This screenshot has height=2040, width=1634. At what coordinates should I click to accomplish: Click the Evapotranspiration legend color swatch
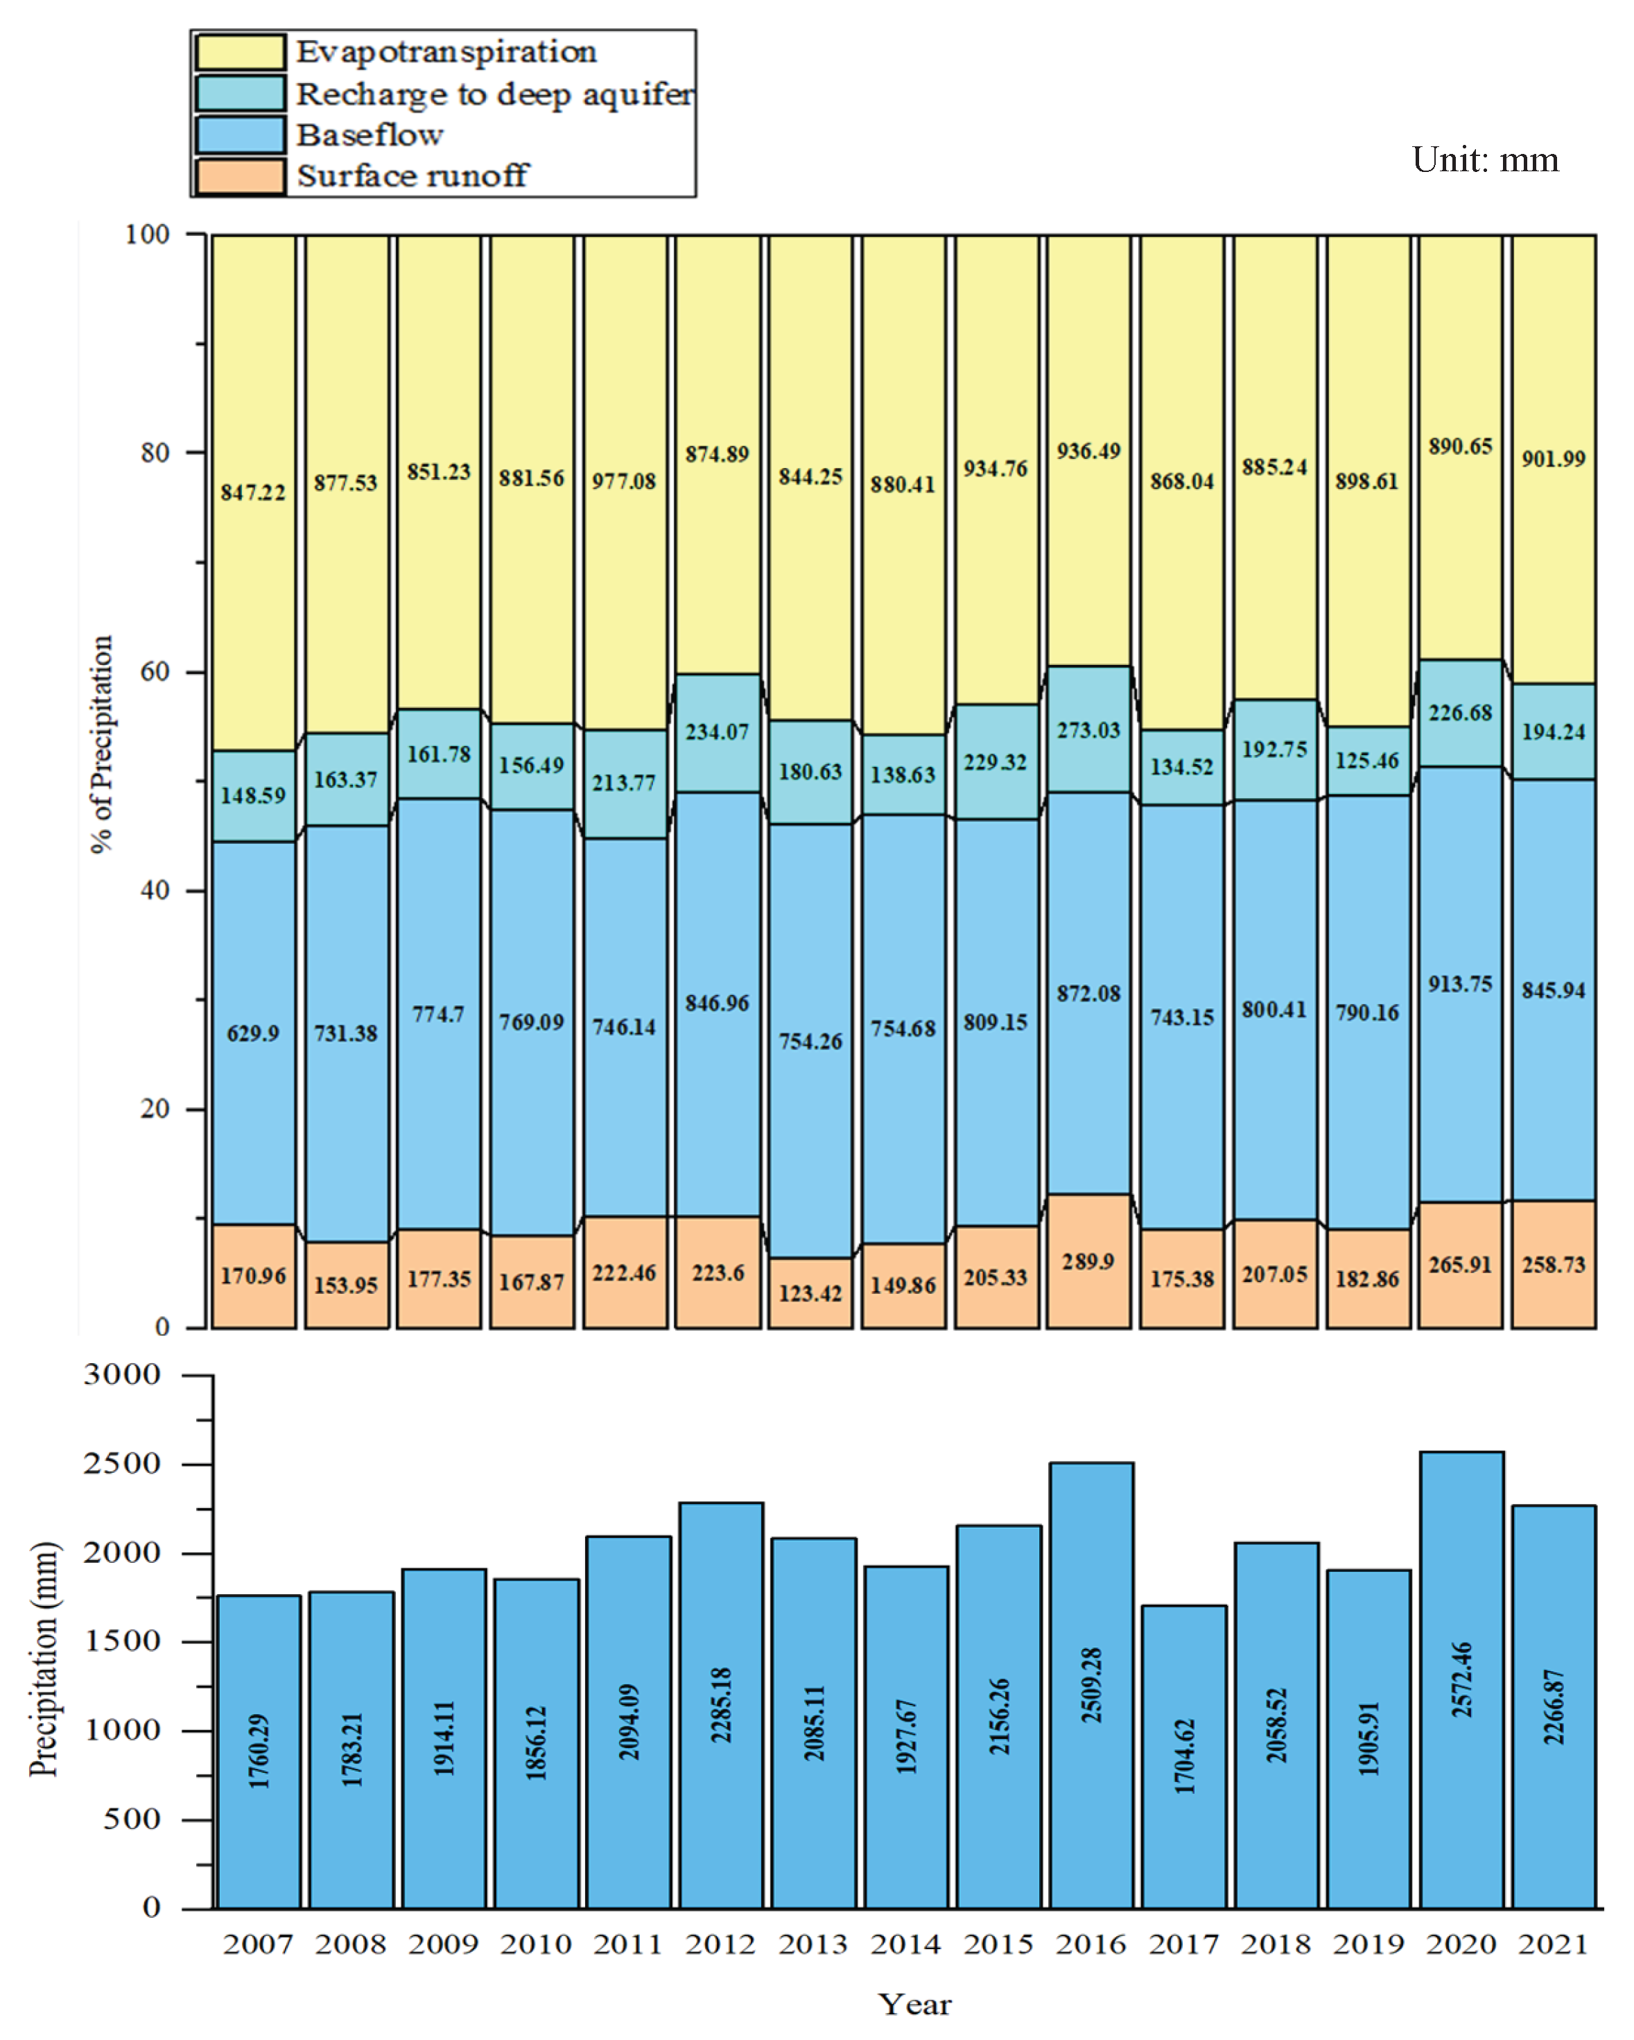click(239, 52)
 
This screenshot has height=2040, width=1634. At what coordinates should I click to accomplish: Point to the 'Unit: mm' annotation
click(1484, 160)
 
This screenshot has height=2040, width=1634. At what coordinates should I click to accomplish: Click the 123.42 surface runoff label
click(810, 1293)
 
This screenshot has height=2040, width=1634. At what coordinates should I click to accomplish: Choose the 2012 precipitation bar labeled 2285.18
click(720, 1703)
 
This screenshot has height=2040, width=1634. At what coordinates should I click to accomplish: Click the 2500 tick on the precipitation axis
click(121, 1464)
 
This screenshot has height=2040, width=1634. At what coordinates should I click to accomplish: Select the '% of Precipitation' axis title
click(101, 744)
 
